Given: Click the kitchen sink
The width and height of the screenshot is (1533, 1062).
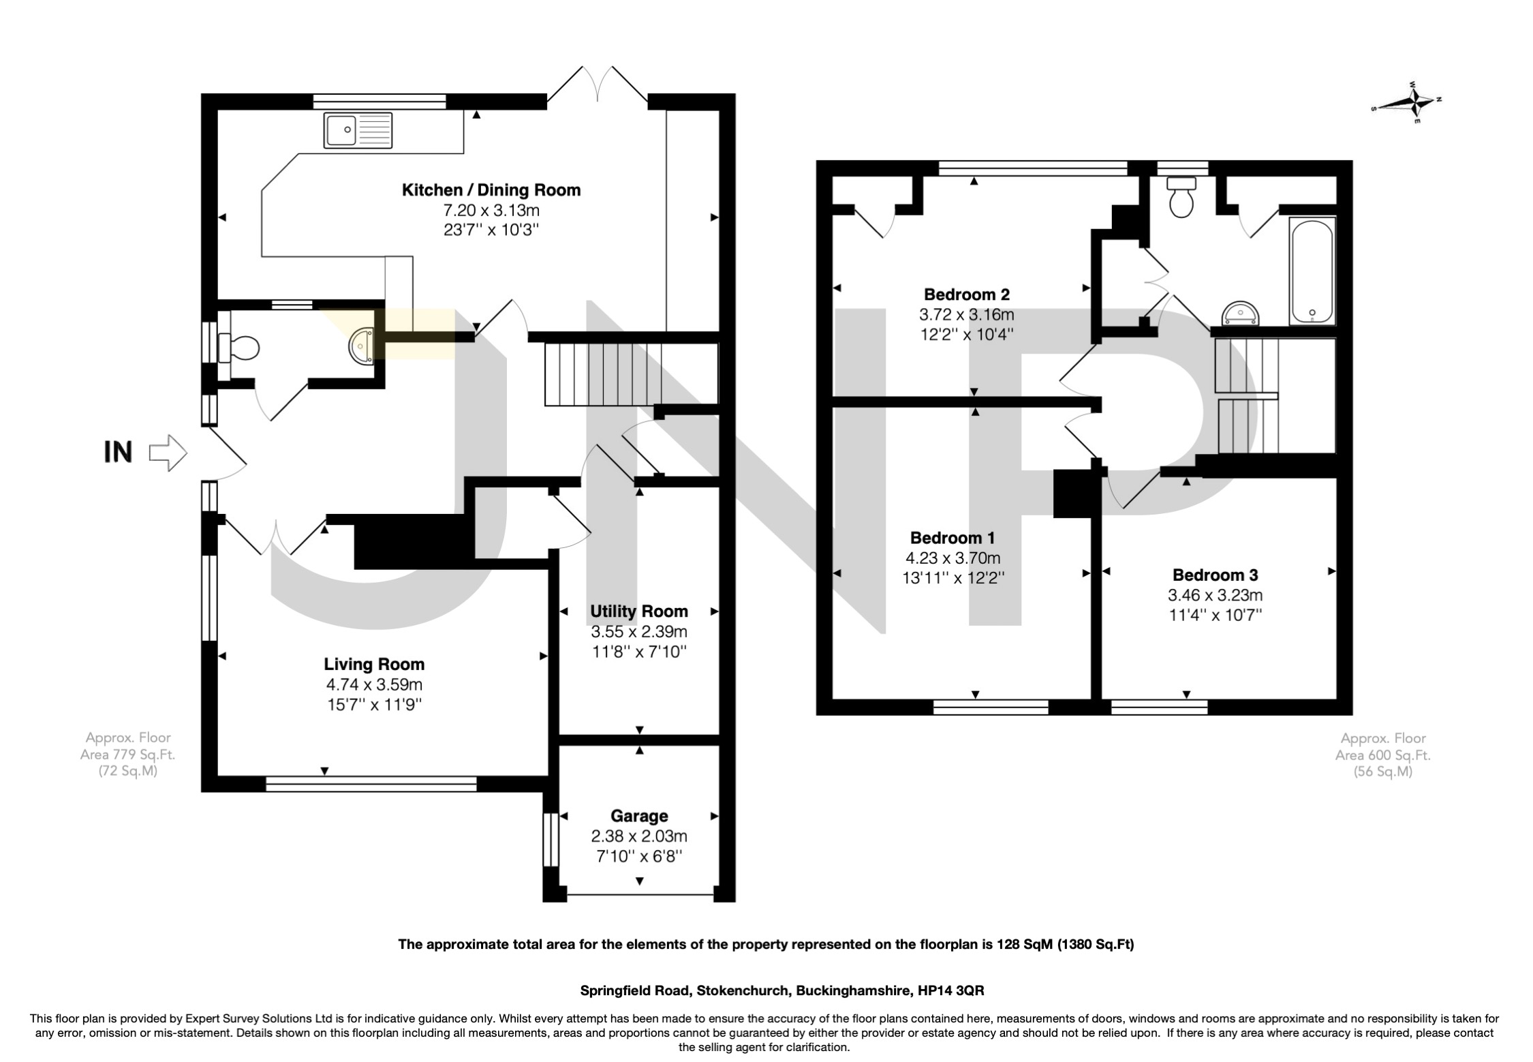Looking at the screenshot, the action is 359,130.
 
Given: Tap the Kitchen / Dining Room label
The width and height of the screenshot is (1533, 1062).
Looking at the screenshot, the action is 491,190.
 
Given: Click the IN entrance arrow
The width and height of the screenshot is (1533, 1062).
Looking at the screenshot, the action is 168,453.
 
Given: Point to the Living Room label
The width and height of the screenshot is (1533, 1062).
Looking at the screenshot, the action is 374,664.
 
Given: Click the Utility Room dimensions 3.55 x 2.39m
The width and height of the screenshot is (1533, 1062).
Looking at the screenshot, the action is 639,631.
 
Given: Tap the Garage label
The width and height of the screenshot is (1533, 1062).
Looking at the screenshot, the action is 639,816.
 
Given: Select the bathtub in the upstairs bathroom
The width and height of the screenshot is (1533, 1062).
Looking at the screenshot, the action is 1312,271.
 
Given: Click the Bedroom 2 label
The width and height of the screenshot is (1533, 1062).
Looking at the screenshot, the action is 967,294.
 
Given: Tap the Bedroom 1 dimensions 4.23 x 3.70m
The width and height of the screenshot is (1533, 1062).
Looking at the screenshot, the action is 953,558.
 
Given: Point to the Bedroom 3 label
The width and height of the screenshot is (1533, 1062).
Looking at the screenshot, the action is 1215,575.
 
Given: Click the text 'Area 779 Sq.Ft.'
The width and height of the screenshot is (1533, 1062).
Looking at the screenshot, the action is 127,755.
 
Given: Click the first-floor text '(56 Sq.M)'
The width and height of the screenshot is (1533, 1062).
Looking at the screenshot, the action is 1382,772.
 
